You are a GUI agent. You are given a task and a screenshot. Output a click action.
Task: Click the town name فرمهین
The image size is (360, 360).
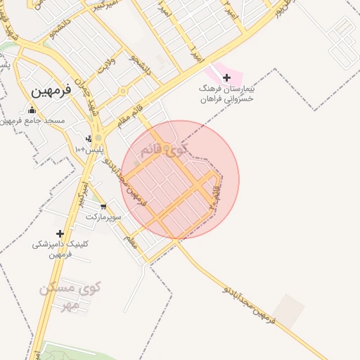click(x=51, y=91)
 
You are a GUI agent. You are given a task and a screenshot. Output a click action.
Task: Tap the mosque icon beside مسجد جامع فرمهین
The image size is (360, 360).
click(x=32, y=110)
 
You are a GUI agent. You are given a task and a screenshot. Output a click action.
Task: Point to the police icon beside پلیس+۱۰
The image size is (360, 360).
click(x=89, y=139)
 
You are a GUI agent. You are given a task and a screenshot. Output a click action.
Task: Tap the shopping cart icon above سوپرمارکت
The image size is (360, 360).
click(x=104, y=207)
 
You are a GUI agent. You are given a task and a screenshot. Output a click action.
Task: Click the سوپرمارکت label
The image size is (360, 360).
click(x=104, y=217)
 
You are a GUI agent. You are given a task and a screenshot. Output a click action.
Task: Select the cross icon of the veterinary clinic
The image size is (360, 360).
click(x=60, y=233)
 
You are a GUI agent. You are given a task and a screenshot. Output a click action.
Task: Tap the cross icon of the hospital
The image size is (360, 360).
click(x=226, y=77)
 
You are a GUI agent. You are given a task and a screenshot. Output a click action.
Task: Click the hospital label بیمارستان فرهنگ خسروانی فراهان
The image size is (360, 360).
click(x=226, y=96)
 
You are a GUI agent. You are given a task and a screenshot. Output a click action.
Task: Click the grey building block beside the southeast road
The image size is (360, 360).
click(x=288, y=311)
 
